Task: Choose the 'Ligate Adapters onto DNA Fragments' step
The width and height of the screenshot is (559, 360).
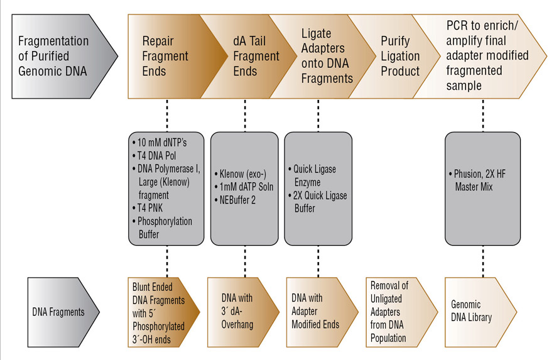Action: coord(325,56)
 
